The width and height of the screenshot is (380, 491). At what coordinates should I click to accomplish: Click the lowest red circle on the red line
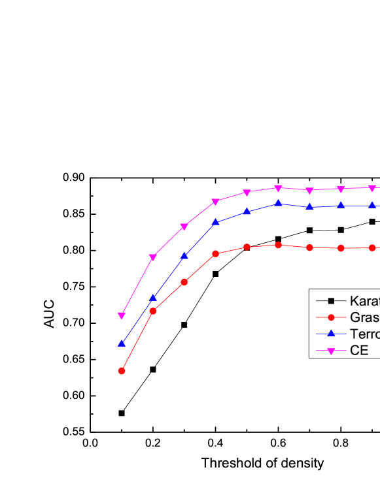click(x=122, y=371)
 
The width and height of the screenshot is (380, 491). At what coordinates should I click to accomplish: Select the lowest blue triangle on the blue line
click(x=122, y=343)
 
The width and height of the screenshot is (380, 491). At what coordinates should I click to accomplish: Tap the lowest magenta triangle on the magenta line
click(x=122, y=315)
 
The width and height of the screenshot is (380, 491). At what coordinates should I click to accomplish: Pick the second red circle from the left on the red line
click(x=153, y=311)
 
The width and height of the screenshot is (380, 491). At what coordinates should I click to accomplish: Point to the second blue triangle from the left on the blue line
click(x=153, y=297)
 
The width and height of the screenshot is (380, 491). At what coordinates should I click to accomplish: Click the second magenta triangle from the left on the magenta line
click(x=153, y=257)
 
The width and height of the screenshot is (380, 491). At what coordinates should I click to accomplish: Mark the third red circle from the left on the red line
click(x=184, y=282)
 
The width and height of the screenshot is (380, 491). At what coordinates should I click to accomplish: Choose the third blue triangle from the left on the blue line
click(x=184, y=255)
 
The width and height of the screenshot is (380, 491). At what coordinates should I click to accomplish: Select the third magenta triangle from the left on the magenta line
click(x=184, y=227)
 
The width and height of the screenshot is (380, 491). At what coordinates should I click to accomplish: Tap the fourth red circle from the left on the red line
click(x=216, y=253)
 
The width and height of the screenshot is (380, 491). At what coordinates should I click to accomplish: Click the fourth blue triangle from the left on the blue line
click(x=216, y=222)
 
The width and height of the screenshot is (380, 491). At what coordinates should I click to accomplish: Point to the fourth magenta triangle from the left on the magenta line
click(x=216, y=202)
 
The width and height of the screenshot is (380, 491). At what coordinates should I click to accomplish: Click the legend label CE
click(x=359, y=351)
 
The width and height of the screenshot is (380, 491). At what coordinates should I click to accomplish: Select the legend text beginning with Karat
click(x=364, y=301)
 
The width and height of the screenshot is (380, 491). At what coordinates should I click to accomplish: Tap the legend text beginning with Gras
click(x=364, y=317)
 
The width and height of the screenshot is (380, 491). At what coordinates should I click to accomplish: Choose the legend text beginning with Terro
click(x=364, y=334)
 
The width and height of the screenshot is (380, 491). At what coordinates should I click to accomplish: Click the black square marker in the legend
click(x=331, y=301)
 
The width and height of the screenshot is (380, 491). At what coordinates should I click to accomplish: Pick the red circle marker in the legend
click(x=331, y=317)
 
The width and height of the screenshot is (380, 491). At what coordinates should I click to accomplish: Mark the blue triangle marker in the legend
click(x=331, y=333)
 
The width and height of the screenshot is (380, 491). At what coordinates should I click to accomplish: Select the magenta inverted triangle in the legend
click(x=331, y=351)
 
